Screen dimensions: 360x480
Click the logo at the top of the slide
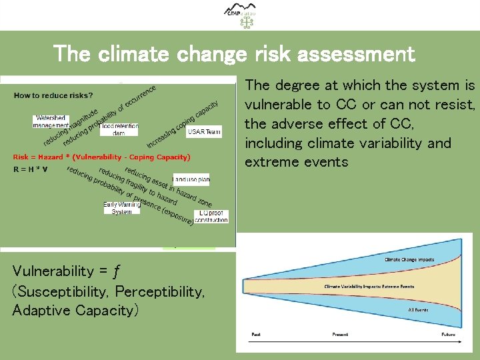[240, 15]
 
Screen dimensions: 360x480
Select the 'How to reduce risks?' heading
[53, 95]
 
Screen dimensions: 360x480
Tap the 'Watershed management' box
[51, 121]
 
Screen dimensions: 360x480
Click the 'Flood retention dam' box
[119, 129]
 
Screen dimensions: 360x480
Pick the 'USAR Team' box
[203, 132]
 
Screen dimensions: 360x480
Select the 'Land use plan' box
[191, 179]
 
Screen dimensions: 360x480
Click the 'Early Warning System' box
[122, 208]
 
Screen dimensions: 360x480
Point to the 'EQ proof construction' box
[211, 216]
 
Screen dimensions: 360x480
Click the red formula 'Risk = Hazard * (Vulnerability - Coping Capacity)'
[102, 157]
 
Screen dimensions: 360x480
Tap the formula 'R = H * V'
[31, 169]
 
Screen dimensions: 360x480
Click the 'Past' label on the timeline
[255, 334]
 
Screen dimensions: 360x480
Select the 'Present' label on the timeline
[340, 334]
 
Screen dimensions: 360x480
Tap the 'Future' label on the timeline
[448, 334]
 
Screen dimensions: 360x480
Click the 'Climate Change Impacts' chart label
[409, 259]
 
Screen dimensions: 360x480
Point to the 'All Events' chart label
[418, 310]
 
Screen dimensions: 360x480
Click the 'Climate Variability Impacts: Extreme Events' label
[369, 287]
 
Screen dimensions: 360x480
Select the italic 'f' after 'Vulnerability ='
[116, 271]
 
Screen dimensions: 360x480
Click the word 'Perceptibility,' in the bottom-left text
[160, 291]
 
